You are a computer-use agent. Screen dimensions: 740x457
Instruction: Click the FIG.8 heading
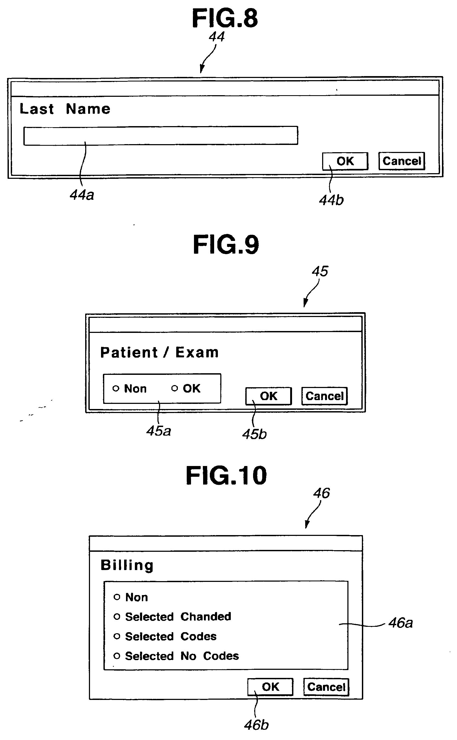(x=225, y=19)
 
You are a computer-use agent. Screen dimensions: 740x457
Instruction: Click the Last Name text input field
(x=160, y=136)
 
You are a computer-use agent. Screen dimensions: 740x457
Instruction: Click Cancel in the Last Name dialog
(x=402, y=161)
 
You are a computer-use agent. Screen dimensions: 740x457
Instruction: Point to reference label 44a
(x=82, y=195)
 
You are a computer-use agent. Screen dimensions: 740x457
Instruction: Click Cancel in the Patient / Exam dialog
(x=324, y=396)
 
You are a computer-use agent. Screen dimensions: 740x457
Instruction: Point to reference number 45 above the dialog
(x=320, y=271)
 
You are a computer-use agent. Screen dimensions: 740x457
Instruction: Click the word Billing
(x=127, y=565)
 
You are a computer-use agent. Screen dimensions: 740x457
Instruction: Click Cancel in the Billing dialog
(x=326, y=687)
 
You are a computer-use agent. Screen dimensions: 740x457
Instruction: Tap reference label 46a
(x=401, y=623)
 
